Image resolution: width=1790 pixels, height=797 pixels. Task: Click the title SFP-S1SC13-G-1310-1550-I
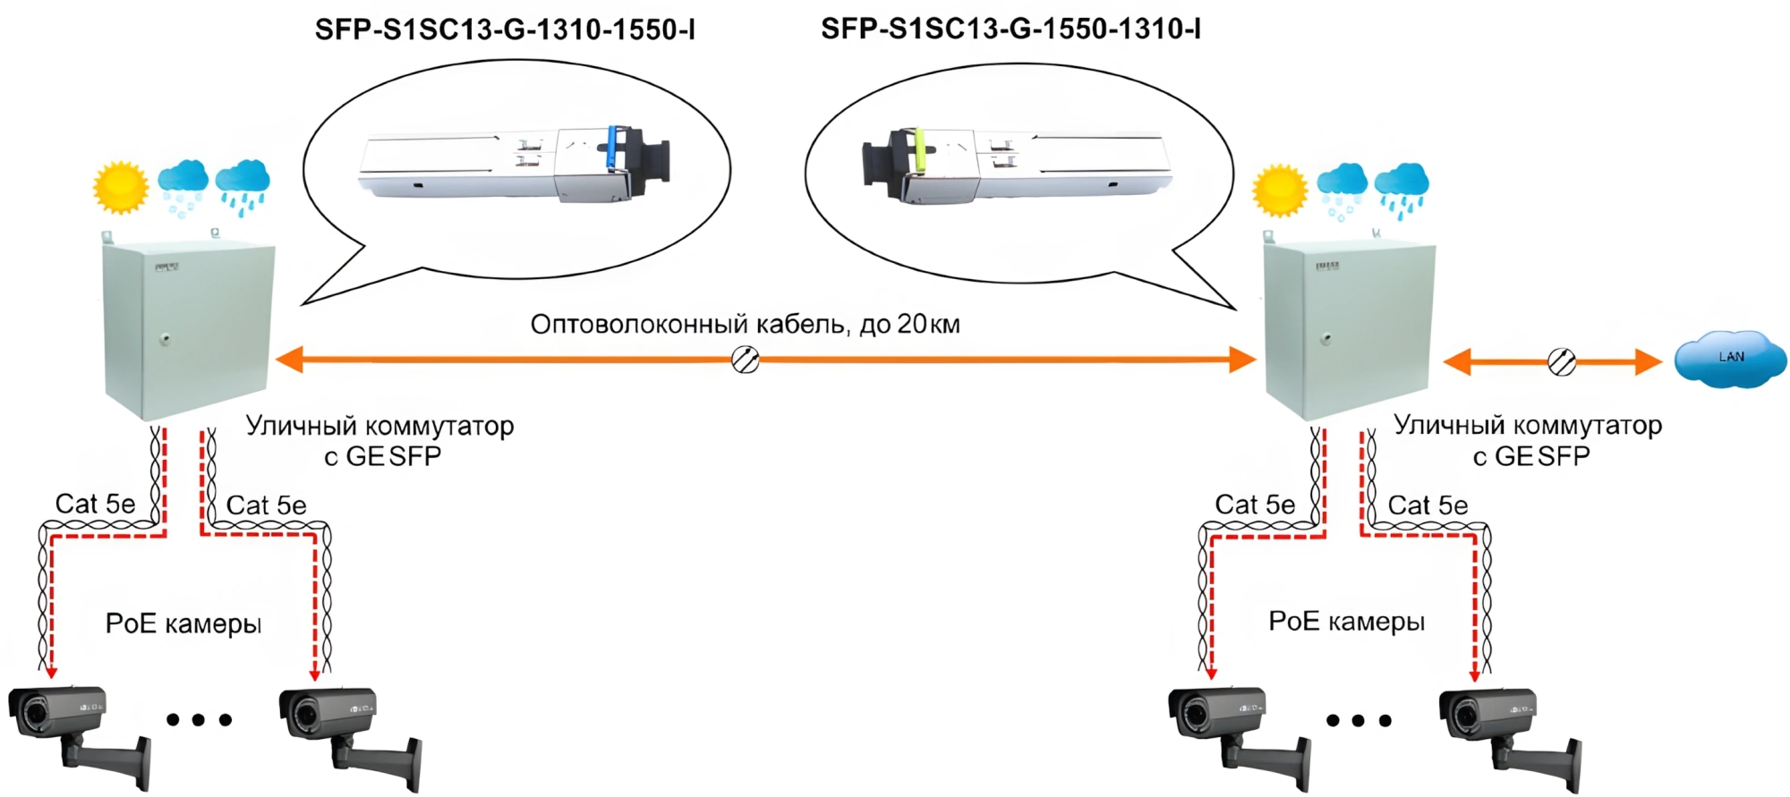504,30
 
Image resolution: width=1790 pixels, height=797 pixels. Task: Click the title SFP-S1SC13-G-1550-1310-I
1010,30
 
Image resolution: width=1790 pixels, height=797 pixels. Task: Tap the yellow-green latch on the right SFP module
919,152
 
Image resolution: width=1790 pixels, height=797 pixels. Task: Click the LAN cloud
1730,358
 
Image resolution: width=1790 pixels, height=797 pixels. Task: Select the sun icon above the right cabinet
1280,191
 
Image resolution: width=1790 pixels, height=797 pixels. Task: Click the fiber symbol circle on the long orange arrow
746,360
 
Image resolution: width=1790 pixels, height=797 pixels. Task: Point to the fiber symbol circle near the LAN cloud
1562,361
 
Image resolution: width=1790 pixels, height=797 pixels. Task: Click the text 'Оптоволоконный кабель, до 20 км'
745,324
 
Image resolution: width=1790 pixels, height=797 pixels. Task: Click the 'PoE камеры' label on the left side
183,623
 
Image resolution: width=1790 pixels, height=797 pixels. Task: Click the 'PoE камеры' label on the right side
1346,622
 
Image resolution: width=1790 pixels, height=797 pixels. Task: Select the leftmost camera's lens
35,713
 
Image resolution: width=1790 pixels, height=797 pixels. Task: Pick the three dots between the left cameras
199,719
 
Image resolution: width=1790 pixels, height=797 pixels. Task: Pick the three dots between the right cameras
1359,720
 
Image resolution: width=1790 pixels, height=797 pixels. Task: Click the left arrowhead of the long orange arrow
289,360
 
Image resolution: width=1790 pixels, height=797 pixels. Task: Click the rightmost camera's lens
1465,715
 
